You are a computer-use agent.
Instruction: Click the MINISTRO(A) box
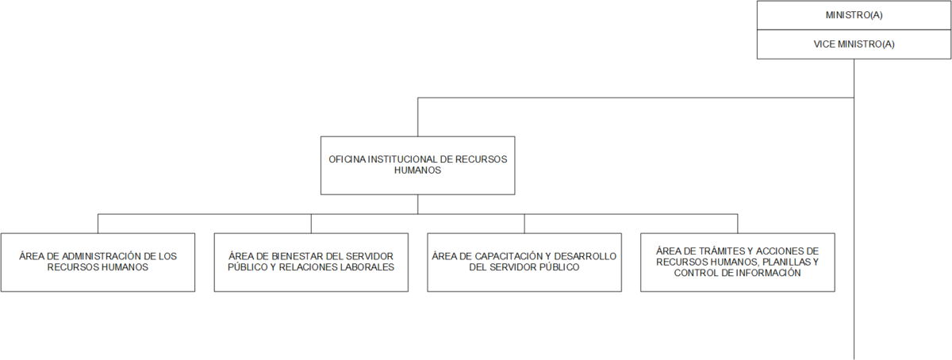pyautogui.click(x=854, y=15)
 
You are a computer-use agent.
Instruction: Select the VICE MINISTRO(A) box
pyautogui.click(x=854, y=44)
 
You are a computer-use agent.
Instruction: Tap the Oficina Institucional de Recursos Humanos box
pyautogui.click(x=418, y=166)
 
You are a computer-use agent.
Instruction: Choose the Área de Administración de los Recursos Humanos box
pyautogui.click(x=98, y=262)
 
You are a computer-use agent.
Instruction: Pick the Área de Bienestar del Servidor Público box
pyautogui.click(x=311, y=262)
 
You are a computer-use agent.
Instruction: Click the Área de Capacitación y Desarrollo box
pyautogui.click(x=524, y=262)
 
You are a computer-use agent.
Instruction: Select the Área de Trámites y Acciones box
pyautogui.click(x=738, y=262)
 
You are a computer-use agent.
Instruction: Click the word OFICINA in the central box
pyautogui.click(x=347, y=159)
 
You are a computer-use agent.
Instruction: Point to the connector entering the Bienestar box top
pyautogui.click(x=311, y=224)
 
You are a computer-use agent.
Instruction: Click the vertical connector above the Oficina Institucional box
pyautogui.click(x=418, y=117)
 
